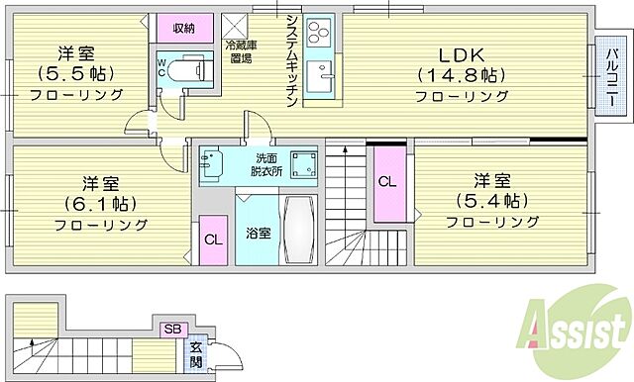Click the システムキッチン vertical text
click(x=291, y=59)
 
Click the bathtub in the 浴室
click(x=298, y=230)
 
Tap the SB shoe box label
click(x=171, y=328)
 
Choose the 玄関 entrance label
click(x=197, y=354)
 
